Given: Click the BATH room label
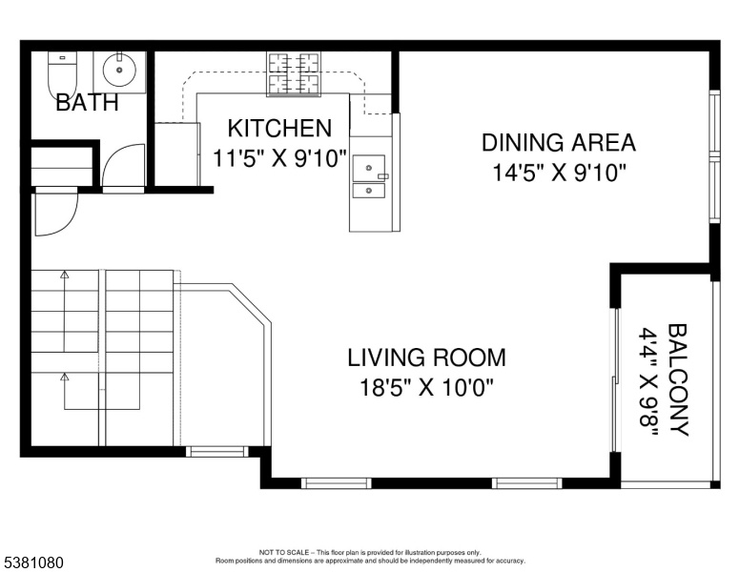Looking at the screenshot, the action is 87,102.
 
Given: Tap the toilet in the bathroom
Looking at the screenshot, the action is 62,75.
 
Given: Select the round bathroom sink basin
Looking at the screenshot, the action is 119,70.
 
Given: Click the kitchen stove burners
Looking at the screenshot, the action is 294,74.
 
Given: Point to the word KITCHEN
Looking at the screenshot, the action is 279,129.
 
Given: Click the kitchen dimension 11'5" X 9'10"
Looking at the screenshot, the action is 279,158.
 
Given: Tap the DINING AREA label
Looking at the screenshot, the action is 559,143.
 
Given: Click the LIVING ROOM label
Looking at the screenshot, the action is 426,357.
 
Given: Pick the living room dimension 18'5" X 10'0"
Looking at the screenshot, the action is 426,388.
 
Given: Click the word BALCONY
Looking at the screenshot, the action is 678,380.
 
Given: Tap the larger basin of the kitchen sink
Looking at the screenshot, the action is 369,168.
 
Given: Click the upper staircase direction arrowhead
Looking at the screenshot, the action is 65,274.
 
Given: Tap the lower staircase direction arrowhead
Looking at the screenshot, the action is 65,377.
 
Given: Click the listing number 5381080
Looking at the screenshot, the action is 33,563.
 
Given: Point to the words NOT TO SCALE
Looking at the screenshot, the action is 284,553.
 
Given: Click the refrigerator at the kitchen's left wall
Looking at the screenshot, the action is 177,153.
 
